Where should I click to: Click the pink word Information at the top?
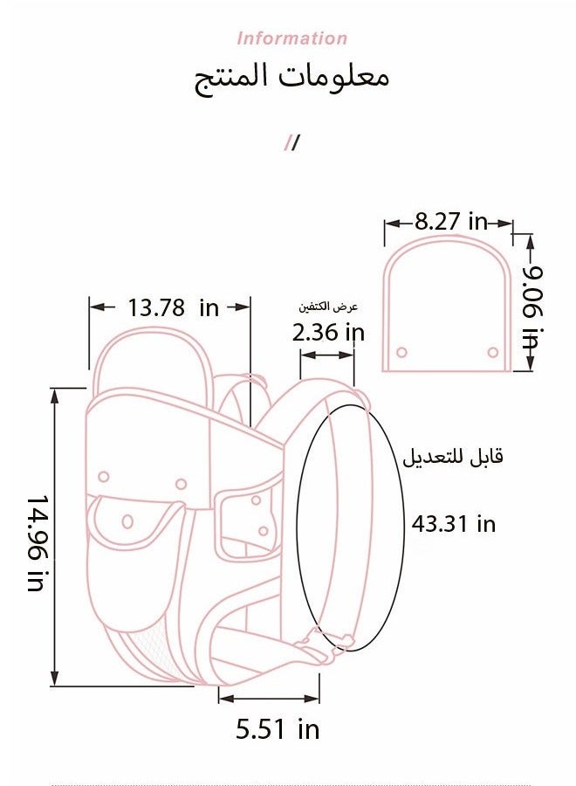[292, 38]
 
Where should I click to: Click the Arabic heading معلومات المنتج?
[291, 79]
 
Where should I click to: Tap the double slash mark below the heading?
[292, 143]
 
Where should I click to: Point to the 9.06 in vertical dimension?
[532, 307]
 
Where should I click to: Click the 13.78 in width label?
[174, 307]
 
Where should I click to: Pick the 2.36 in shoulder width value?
[328, 333]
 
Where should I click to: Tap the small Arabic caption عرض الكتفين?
[328, 307]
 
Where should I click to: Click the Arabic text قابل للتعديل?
[453, 457]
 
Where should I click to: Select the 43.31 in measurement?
[454, 524]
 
